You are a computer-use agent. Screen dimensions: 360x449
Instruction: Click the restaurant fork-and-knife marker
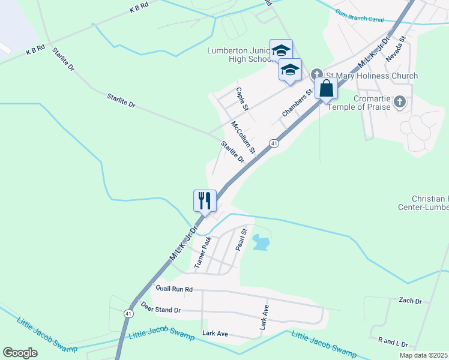point(205,200)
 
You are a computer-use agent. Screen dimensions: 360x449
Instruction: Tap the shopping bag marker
point(326,88)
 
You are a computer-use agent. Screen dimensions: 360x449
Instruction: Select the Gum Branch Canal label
point(360,15)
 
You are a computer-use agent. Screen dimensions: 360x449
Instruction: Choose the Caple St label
point(242,99)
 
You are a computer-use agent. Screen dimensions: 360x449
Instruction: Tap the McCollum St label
point(244,137)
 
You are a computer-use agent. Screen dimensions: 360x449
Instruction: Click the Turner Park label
point(202,252)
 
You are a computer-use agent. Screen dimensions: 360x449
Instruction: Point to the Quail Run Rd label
point(174,289)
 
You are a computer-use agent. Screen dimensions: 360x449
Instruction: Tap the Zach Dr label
point(410,301)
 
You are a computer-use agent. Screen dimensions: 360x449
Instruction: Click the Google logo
point(20,353)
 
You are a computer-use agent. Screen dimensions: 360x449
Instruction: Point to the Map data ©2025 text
point(423,355)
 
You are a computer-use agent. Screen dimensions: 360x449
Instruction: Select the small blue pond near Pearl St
point(262,242)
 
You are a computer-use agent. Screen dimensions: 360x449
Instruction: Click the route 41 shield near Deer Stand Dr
point(129,313)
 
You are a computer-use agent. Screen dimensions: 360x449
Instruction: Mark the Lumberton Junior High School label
point(240,55)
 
